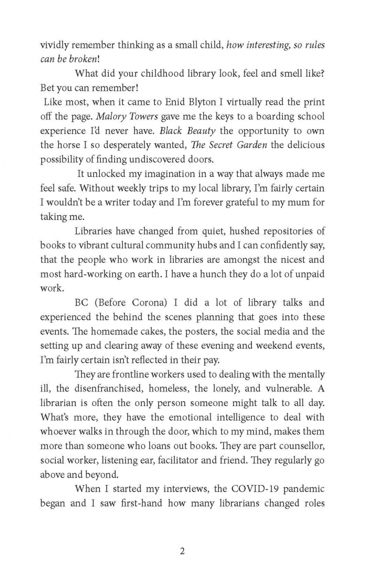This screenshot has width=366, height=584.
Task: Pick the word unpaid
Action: (x=309, y=274)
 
